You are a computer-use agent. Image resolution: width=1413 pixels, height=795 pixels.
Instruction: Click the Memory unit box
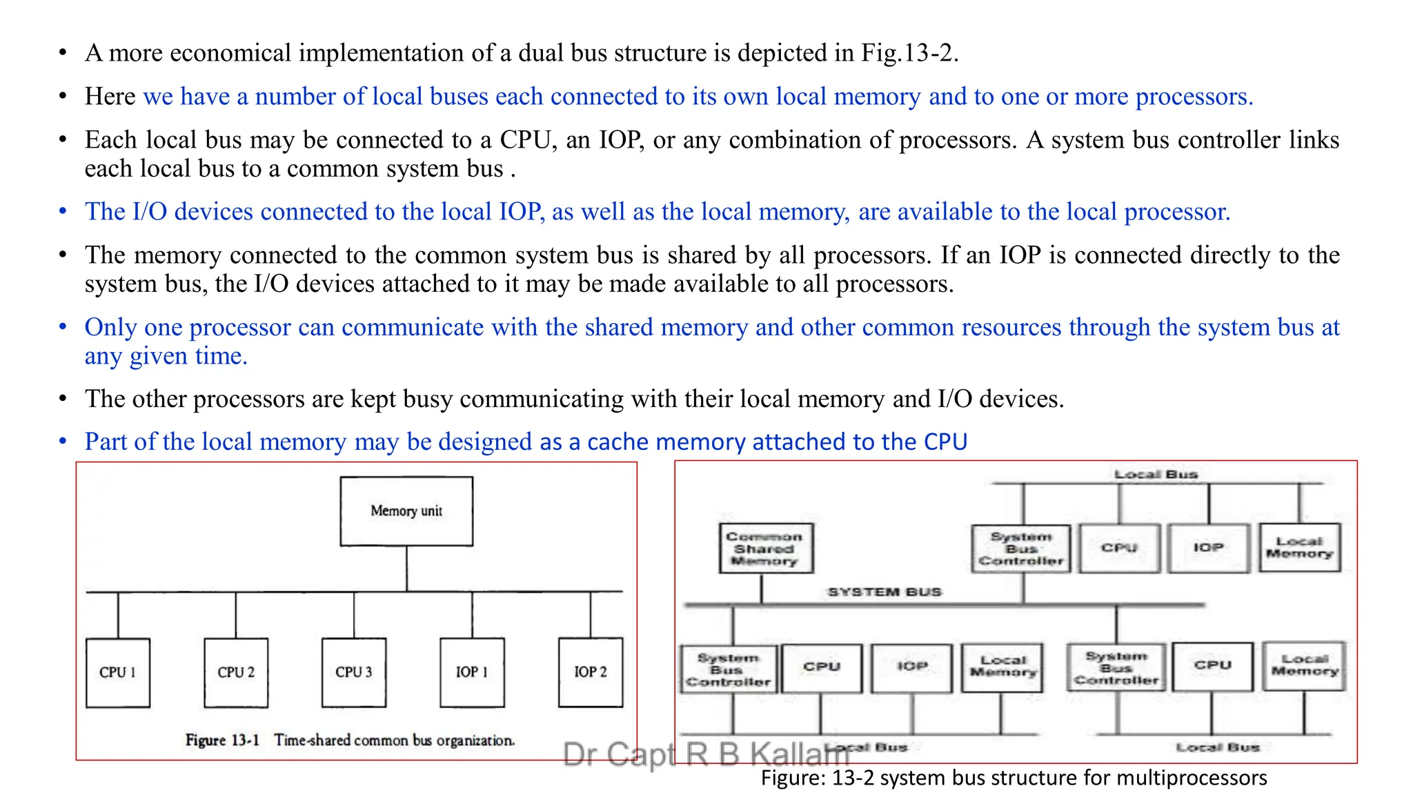click(406, 511)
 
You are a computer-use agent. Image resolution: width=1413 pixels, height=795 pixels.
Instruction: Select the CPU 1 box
click(118, 672)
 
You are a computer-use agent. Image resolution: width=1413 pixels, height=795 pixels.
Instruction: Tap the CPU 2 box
click(236, 672)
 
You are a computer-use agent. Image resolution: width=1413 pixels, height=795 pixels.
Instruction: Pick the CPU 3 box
click(354, 672)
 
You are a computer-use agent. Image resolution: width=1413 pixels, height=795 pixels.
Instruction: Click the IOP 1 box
click(472, 672)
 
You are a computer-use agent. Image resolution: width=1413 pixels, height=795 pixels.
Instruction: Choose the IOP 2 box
click(591, 672)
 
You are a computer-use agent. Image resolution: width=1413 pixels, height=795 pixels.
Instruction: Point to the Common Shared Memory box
click(765, 549)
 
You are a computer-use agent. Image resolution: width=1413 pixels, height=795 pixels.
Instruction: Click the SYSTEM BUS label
click(885, 592)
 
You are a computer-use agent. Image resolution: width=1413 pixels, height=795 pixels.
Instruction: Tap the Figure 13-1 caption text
click(350, 740)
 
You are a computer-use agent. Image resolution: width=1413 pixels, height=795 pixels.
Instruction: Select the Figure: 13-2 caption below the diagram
click(1014, 778)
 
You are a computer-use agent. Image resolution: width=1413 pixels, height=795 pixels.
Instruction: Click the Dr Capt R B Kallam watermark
click(704, 754)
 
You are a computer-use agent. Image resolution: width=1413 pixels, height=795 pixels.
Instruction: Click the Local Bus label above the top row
click(1156, 474)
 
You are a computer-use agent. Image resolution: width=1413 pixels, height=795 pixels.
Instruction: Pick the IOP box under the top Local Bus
click(1209, 548)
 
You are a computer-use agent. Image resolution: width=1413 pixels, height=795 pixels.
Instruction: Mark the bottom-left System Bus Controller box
click(728, 669)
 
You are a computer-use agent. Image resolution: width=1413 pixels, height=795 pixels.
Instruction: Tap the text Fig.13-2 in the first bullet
click(908, 53)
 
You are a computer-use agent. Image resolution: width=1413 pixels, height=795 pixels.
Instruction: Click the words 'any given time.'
click(166, 356)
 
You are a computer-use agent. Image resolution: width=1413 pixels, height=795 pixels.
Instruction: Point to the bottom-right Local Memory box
click(1304, 665)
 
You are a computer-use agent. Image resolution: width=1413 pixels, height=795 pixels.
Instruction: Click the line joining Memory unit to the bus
click(406, 569)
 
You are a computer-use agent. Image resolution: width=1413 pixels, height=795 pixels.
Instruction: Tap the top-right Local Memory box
click(1299, 548)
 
